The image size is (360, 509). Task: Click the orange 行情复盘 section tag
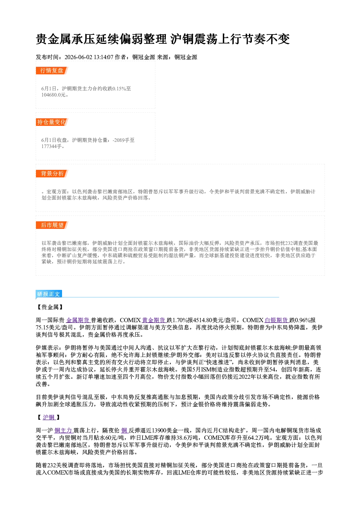[x=52, y=70]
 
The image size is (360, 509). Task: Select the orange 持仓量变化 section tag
[x=52, y=122]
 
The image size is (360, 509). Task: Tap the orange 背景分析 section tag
[x=52, y=174]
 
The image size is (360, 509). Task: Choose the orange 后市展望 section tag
[x=52, y=225]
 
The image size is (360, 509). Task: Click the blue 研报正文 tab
[x=49, y=294]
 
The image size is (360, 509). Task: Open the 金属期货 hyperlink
[x=78, y=320]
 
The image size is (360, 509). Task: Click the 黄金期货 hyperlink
[x=154, y=320]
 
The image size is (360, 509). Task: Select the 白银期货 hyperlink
[x=277, y=320]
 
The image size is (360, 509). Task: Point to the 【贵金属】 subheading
[x=50, y=307]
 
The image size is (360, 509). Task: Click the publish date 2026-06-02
[x=78, y=57]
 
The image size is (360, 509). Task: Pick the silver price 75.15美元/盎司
[x=54, y=328]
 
